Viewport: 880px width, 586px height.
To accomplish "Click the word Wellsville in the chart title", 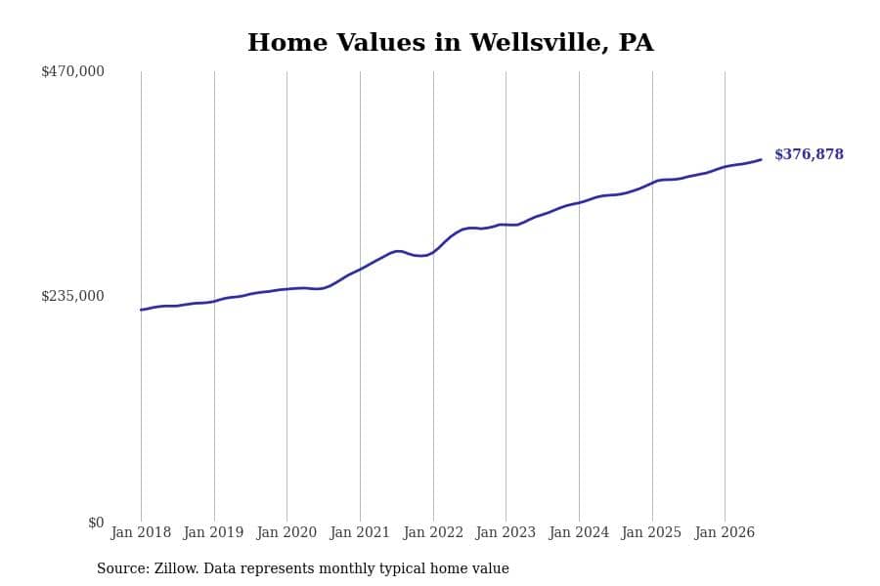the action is (539, 43).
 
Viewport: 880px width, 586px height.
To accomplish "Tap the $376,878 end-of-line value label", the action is (809, 154).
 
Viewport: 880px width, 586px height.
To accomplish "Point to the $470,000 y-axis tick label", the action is (72, 71).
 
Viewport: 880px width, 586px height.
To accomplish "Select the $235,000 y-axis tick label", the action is (72, 296).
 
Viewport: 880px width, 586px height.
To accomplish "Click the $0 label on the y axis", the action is (96, 523).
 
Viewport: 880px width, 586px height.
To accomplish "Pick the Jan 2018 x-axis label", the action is (141, 532).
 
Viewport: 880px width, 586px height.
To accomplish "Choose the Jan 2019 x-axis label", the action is (213, 532).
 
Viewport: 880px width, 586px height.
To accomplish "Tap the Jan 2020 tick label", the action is (286, 532).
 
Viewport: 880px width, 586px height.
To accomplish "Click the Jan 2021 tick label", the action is (360, 532).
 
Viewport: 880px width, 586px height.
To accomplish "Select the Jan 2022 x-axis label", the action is (433, 532).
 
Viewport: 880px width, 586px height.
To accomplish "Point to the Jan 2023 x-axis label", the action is (506, 532).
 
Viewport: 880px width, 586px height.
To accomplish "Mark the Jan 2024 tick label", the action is (579, 532).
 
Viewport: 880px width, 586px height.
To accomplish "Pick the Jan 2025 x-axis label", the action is (651, 532).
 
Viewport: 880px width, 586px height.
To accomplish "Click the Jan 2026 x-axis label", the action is (725, 532).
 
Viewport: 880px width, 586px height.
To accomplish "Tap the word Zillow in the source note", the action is (177, 568).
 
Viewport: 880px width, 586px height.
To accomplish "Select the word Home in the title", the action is (287, 43).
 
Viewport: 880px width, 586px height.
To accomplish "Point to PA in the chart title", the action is (637, 43).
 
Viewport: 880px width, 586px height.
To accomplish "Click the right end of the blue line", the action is (761, 160).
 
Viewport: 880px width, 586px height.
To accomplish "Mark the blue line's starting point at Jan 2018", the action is (141, 310).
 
